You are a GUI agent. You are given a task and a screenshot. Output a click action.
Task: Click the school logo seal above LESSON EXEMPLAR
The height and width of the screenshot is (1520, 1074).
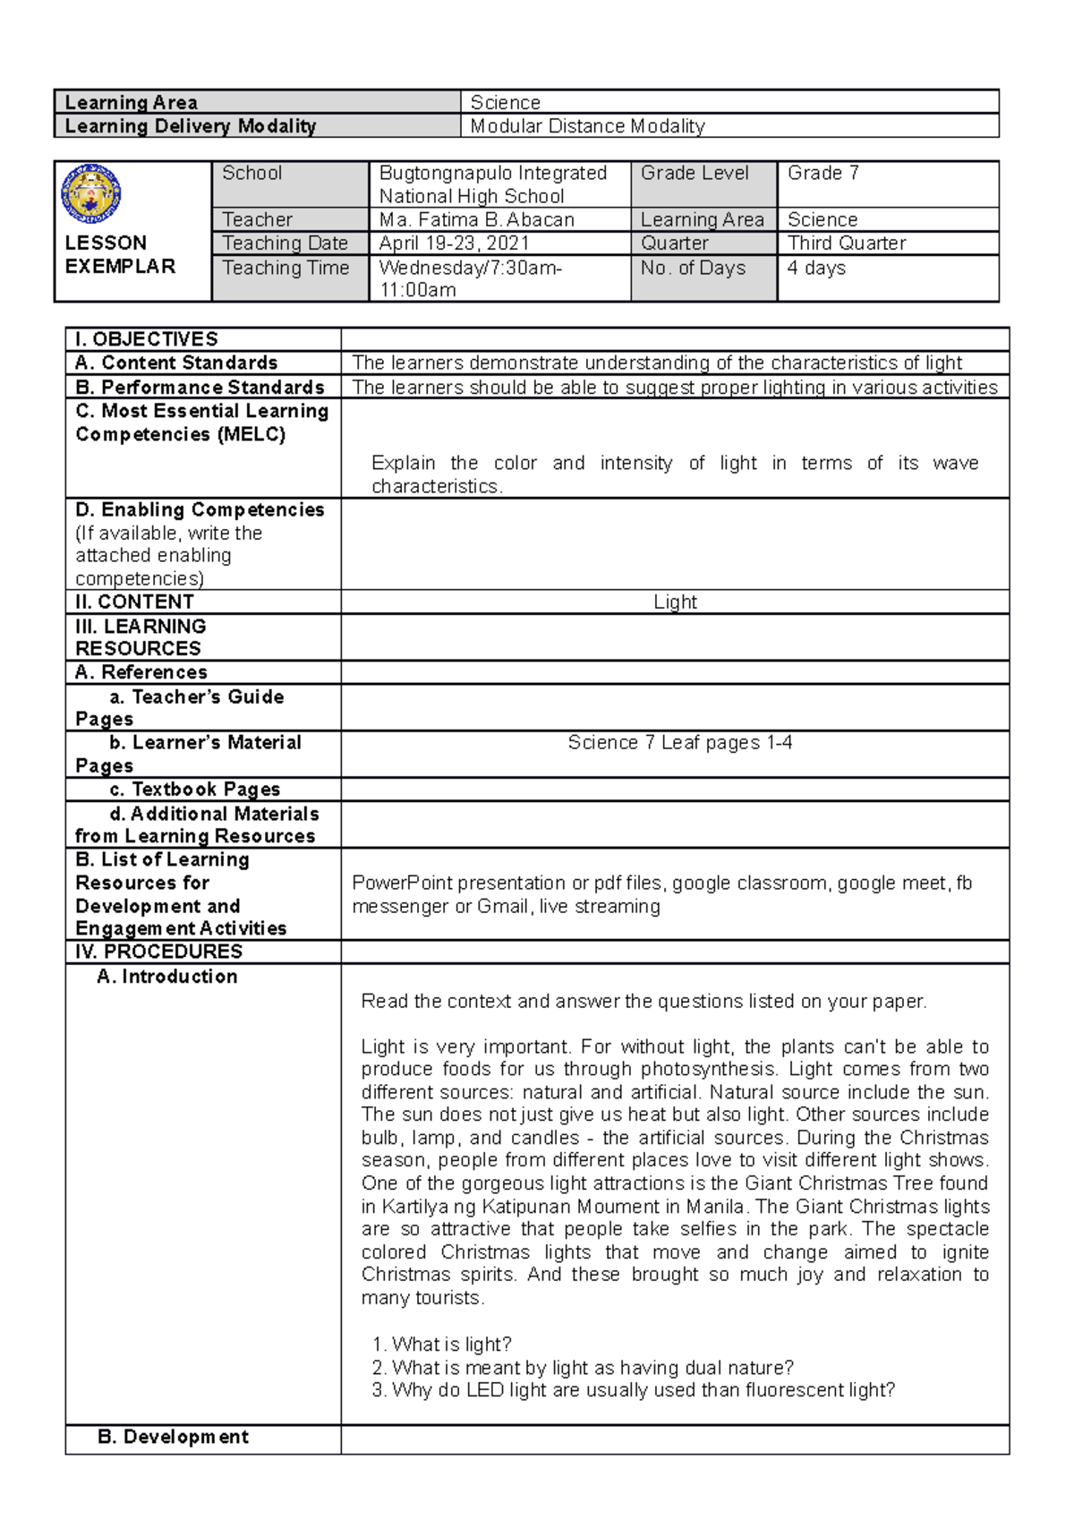click(x=90, y=194)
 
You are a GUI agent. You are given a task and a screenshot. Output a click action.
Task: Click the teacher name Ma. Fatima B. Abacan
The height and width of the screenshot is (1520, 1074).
click(x=476, y=219)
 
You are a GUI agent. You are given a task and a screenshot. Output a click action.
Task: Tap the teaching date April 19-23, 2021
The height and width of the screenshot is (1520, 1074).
click(x=454, y=243)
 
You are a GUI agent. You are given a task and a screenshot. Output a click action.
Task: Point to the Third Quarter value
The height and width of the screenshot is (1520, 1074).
click(x=847, y=243)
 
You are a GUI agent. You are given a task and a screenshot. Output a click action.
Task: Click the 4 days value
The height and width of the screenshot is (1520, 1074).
click(x=816, y=268)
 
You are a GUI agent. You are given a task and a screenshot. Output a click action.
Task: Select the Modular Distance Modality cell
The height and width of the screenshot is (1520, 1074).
click(x=588, y=126)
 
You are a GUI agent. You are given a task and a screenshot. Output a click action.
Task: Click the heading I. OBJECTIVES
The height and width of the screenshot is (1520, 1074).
click(x=147, y=339)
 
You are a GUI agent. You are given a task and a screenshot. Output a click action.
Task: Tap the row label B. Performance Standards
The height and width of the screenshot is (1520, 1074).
click(x=200, y=387)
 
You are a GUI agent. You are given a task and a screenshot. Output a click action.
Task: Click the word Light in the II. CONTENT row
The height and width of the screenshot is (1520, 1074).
click(x=675, y=602)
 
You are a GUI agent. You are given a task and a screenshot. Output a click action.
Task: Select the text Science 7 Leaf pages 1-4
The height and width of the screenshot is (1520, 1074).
click(x=679, y=743)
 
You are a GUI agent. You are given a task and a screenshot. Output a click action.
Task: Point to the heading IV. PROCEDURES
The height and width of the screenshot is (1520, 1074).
click(x=159, y=952)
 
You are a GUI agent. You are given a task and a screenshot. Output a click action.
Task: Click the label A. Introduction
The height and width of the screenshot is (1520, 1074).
click(x=167, y=977)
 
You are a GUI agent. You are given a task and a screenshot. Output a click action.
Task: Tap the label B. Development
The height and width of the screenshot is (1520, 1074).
click(x=173, y=1437)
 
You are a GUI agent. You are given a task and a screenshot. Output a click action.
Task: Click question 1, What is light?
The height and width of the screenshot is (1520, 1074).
click(x=442, y=1345)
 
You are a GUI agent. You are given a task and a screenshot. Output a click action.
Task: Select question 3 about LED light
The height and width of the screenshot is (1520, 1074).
click(x=634, y=1390)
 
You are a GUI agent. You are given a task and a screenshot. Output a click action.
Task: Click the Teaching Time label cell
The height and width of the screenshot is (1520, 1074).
click(x=286, y=268)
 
